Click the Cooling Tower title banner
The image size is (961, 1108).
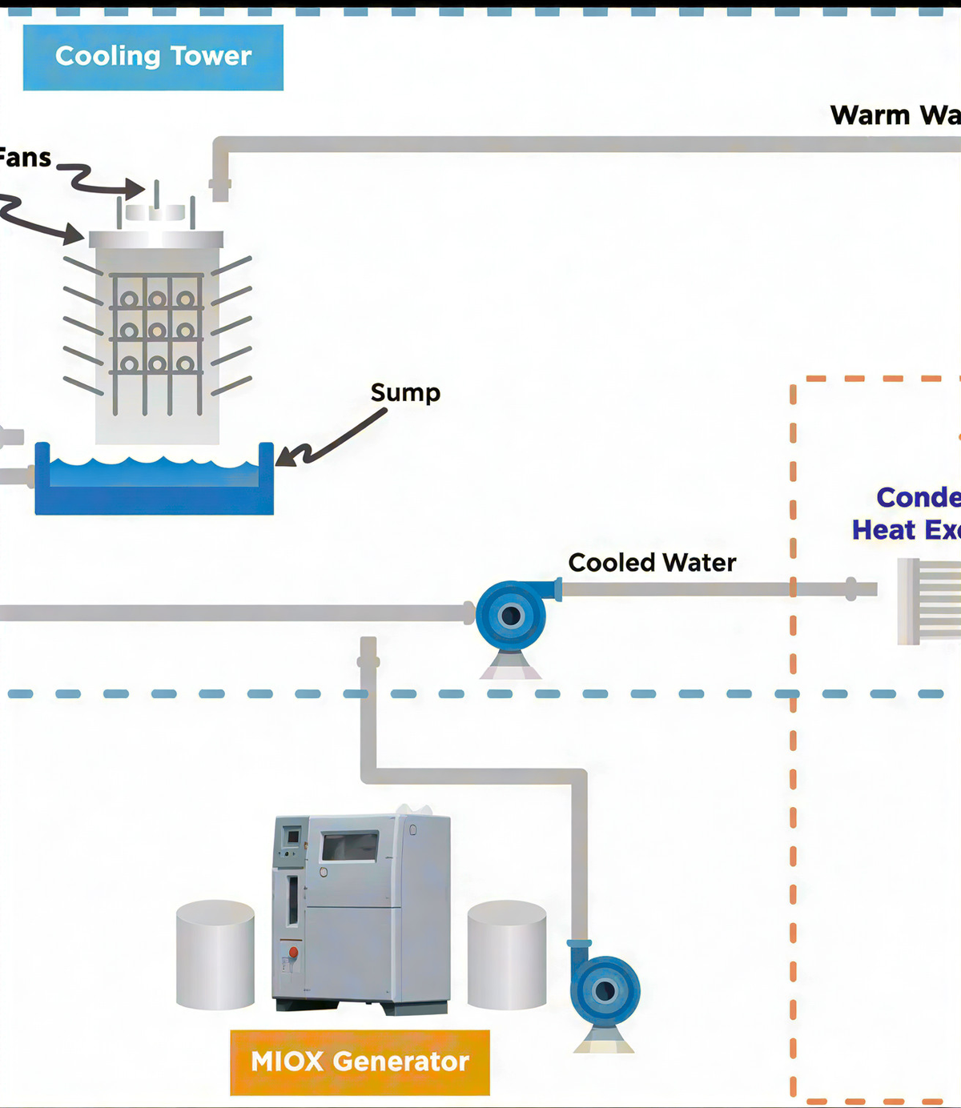(x=153, y=57)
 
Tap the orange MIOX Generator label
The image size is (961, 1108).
(x=360, y=1062)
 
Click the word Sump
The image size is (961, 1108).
(x=405, y=393)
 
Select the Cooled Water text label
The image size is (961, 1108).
(x=652, y=563)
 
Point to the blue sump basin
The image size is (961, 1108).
(x=154, y=484)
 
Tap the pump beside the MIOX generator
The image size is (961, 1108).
(x=605, y=990)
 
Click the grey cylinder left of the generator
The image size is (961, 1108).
(x=215, y=954)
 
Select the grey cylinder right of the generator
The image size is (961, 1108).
(x=507, y=954)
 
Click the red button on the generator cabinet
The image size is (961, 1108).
(x=293, y=952)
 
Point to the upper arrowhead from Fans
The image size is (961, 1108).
(x=135, y=189)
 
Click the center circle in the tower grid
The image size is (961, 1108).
(x=157, y=331)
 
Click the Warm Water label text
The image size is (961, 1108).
(x=895, y=115)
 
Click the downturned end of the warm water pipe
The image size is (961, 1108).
(x=220, y=188)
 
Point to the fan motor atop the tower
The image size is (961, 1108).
(x=156, y=212)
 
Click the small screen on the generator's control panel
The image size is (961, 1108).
(x=292, y=837)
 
